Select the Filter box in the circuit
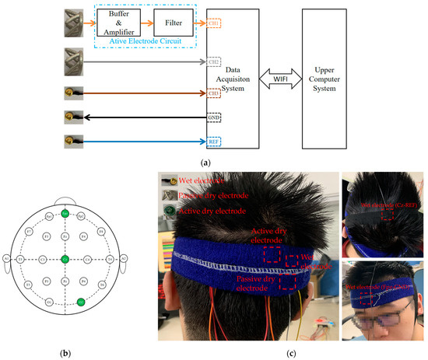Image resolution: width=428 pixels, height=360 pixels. tap(174, 24)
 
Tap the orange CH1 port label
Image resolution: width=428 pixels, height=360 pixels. tap(214, 24)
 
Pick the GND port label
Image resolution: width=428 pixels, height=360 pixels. tap(214, 118)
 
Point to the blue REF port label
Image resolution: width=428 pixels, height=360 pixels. tap(214, 142)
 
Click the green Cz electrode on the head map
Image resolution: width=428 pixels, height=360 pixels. tap(65, 258)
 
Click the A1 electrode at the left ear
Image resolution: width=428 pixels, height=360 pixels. tap(5, 258)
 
